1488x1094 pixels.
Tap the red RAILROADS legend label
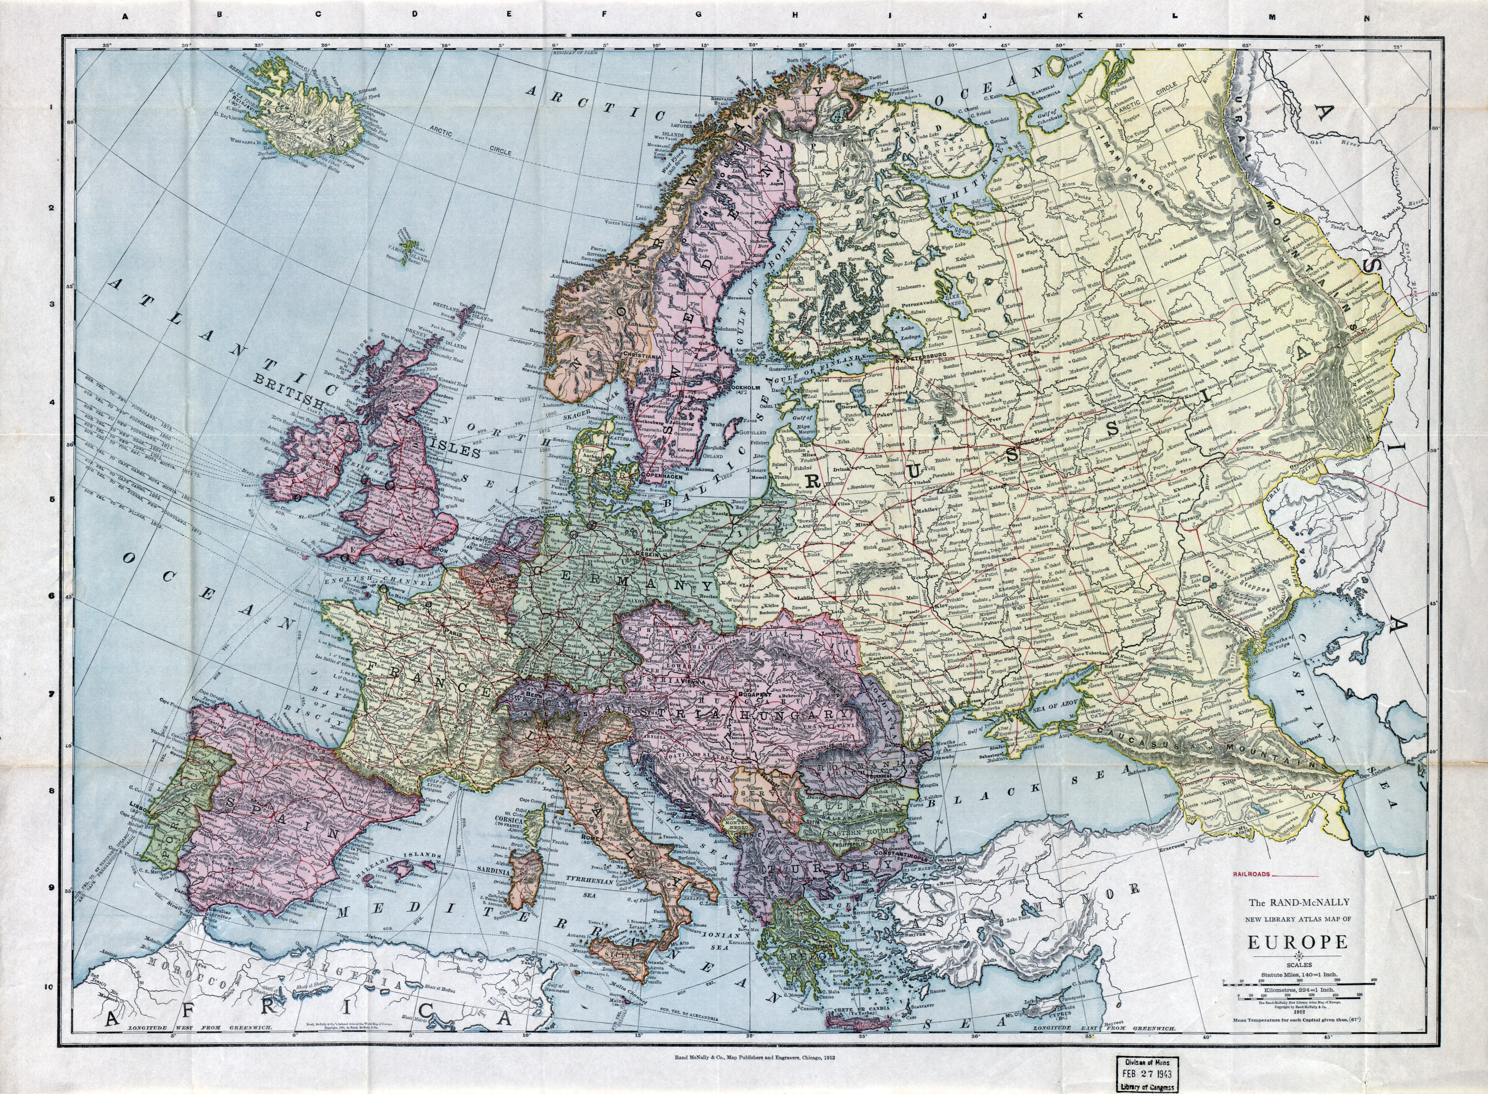(x=1251, y=874)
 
